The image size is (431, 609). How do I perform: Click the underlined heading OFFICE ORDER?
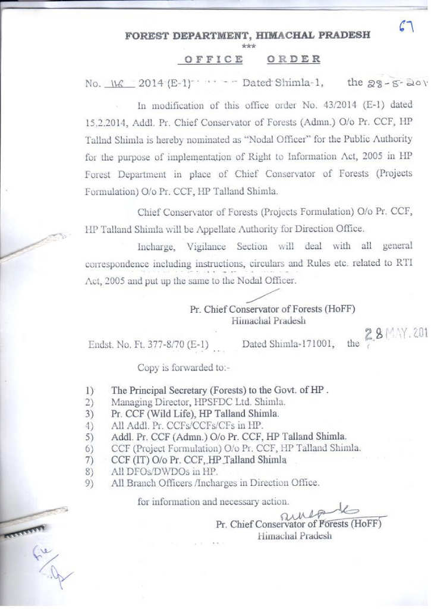[253, 59]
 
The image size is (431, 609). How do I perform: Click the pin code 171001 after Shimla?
[314, 344]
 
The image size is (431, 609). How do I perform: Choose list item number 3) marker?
[90, 414]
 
